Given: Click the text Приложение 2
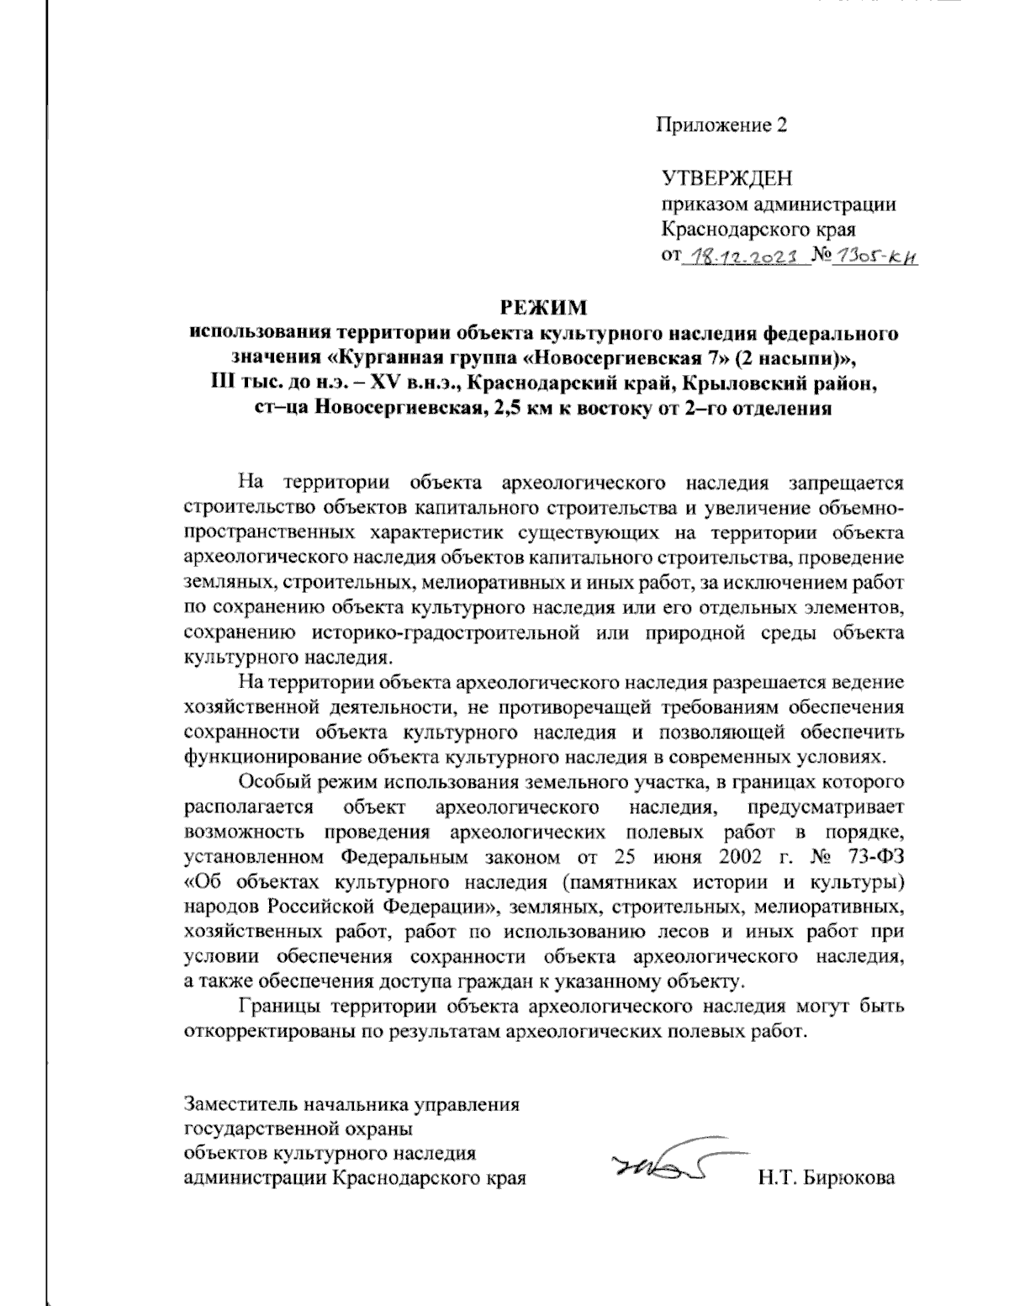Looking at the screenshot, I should coord(722,126).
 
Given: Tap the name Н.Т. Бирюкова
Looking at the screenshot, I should coord(826,1177).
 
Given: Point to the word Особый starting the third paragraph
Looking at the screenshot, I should coord(269,783).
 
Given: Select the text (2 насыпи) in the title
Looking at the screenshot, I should coord(791,358).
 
